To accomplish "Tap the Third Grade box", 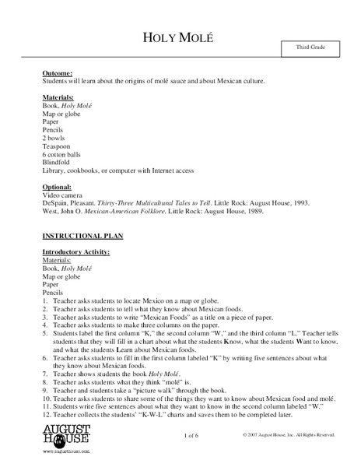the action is coord(310,49).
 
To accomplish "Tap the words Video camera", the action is coord(65,195).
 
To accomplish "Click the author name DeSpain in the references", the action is coord(57,203).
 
